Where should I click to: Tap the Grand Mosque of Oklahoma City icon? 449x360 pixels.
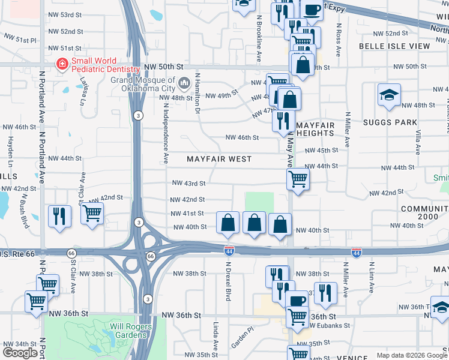click(184, 81)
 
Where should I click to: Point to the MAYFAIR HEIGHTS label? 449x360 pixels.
click(315, 129)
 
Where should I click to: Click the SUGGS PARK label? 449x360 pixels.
click(390, 122)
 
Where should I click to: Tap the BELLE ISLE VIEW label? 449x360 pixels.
click(394, 46)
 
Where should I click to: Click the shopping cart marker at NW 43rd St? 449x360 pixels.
click(298, 178)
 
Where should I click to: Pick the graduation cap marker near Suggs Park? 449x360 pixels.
click(389, 95)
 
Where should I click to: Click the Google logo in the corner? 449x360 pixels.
click(20, 353)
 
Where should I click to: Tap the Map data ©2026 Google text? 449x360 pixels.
click(411, 355)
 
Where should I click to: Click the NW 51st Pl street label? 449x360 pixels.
click(20, 39)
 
